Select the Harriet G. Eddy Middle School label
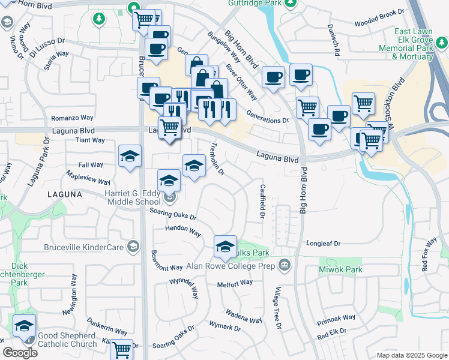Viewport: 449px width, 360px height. tap(122, 197)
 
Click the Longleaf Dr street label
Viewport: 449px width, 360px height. tap(324, 244)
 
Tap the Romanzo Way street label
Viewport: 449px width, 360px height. tap(72, 118)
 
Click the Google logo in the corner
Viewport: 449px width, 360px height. tap(20, 353)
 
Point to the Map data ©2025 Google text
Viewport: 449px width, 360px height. tap(412, 355)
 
